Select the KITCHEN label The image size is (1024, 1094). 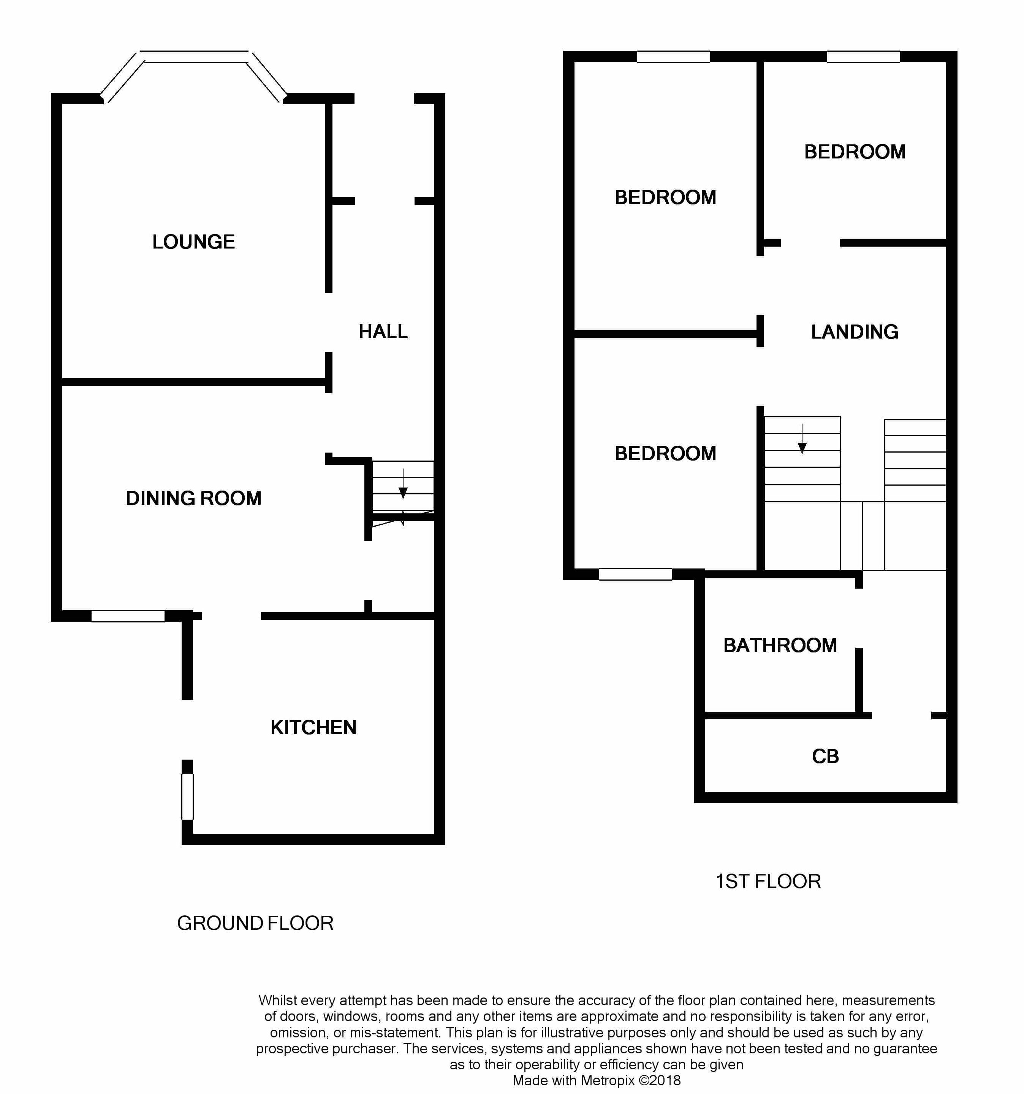coord(313,728)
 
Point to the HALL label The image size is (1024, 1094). coord(383,331)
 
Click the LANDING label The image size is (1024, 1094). coord(855,332)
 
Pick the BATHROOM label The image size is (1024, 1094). coord(780,645)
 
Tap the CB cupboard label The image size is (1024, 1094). coord(825,756)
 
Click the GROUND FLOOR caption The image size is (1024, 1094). coord(255,923)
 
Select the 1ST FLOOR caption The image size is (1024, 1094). coord(768,881)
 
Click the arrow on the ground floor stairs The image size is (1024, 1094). coord(403,483)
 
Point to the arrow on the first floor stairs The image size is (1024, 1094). coord(802,439)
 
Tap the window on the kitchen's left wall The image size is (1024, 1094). coord(188,796)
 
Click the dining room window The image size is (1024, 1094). coord(128,616)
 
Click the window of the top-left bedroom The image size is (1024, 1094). coord(674,57)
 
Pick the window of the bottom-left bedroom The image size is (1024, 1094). coord(636,574)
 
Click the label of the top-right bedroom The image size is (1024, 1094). coord(855,152)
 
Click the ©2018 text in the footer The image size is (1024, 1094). coord(660,1080)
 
